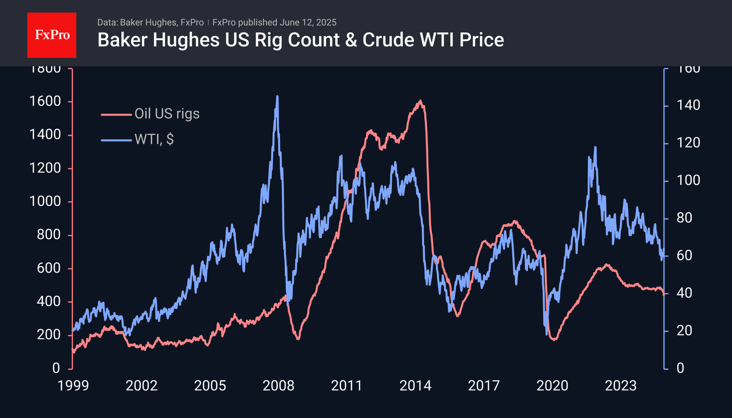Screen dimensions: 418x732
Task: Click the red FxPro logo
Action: point(52,35)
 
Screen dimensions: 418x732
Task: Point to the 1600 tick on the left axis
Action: point(45,101)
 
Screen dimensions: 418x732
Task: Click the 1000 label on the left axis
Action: point(45,201)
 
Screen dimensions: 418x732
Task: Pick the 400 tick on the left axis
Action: point(49,301)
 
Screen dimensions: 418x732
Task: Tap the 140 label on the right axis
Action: point(688,105)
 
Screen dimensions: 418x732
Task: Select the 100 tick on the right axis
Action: point(688,180)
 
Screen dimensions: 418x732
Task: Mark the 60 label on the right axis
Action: point(684,255)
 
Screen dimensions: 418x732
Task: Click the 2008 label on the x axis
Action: point(279,386)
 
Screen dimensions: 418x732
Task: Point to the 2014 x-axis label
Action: point(415,386)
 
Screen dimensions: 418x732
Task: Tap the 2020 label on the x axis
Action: point(552,386)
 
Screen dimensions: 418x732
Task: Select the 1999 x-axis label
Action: point(73,386)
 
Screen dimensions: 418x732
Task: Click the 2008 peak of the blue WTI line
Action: point(277,96)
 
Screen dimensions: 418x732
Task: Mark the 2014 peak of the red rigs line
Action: point(420,101)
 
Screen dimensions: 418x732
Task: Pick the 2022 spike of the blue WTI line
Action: point(595,147)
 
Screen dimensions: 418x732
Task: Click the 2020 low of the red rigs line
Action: point(554,339)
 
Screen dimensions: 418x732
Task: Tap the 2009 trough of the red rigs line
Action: point(298,338)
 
